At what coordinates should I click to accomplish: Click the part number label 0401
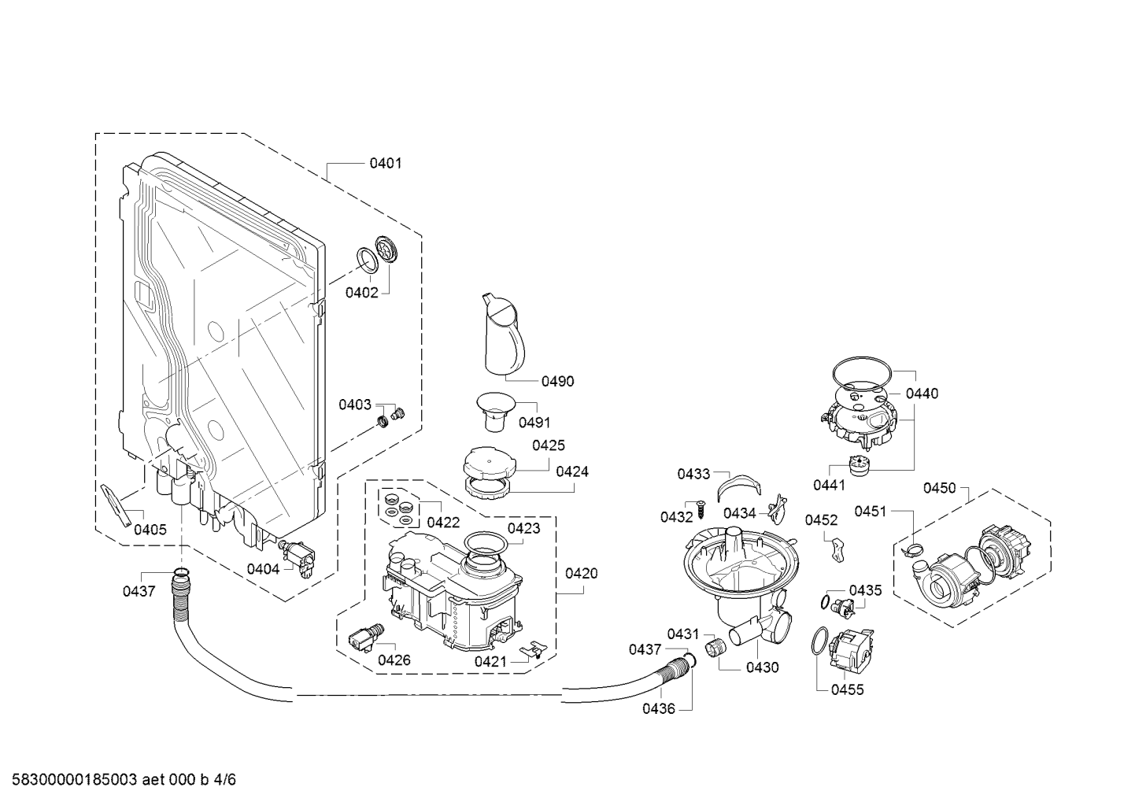click(385, 163)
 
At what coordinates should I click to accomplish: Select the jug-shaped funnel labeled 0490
click(504, 334)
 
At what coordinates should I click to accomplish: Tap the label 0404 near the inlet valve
click(263, 570)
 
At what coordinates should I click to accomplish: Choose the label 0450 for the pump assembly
click(939, 488)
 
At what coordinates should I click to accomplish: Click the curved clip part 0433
click(740, 487)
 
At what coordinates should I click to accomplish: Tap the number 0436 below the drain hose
click(659, 709)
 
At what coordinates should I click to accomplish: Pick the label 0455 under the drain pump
click(847, 689)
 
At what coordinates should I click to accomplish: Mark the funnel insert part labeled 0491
click(495, 412)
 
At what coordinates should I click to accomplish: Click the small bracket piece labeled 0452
click(838, 550)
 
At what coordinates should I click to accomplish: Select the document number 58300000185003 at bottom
click(75, 780)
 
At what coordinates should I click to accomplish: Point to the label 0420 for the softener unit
click(581, 574)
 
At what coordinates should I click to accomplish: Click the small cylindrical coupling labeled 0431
click(715, 647)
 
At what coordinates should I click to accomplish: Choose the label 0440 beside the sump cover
click(922, 394)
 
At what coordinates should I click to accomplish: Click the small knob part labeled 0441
click(858, 466)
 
